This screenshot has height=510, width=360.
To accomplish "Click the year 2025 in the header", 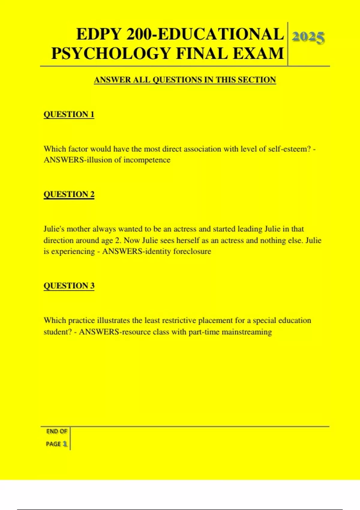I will point(308,37).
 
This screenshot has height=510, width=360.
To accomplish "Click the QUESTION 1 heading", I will point(69,114).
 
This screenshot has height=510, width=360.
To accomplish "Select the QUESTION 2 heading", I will point(69,194).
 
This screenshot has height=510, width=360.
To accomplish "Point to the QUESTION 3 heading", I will point(69,286).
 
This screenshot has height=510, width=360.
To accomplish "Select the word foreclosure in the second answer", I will point(192,251).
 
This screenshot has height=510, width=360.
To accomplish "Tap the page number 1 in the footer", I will point(65,444).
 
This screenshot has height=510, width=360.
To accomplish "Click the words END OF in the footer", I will point(57,431).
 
